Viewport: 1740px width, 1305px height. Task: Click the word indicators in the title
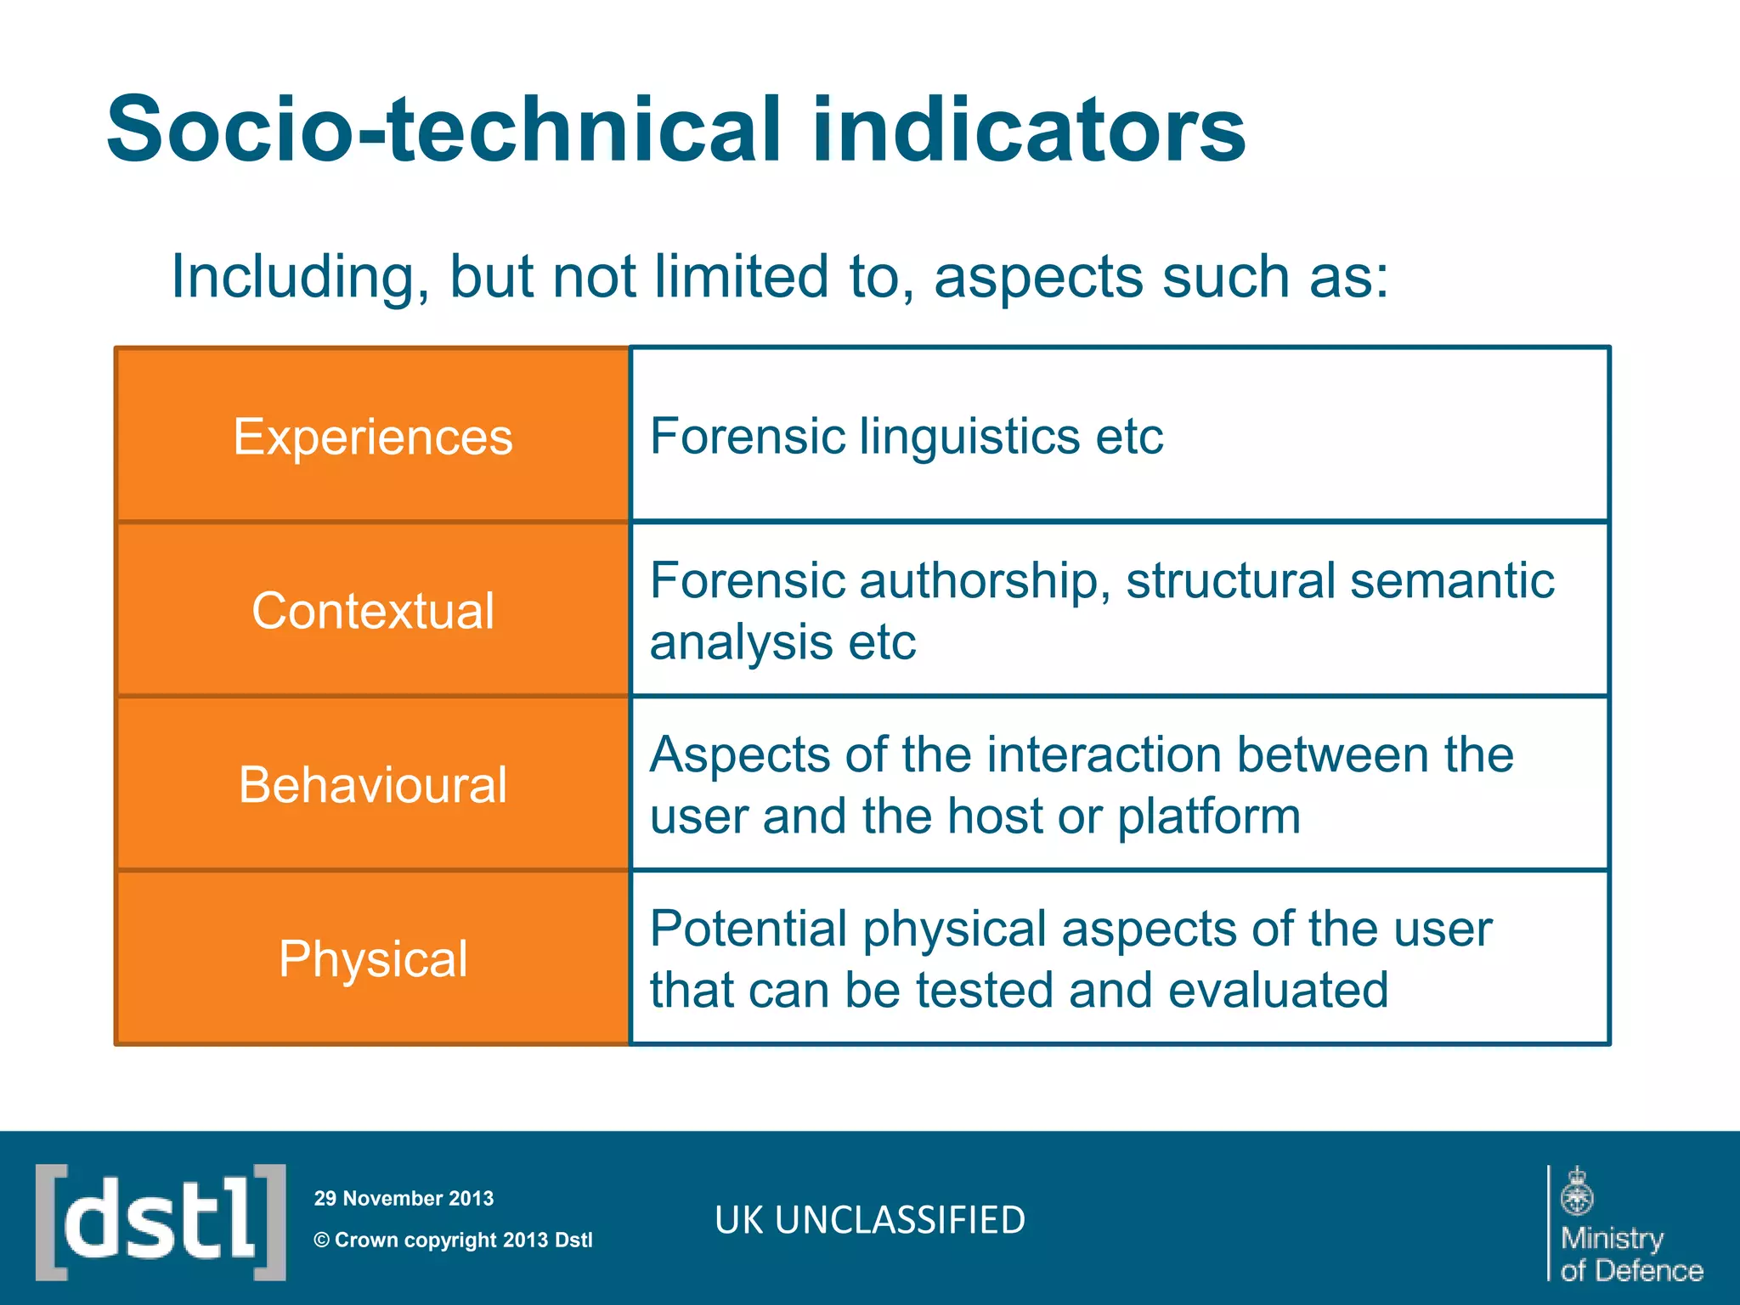pos(1028,129)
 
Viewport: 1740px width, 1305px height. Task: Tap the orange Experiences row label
pos(373,437)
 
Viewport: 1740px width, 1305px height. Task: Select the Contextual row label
pos(373,611)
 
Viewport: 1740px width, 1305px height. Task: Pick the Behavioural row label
pos(373,784)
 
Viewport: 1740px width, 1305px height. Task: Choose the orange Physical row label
pos(373,959)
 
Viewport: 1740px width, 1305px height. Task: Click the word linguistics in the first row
pos(968,437)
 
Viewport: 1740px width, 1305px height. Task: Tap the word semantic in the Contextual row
pos(1452,581)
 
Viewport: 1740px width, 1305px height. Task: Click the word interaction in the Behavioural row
pos(1104,754)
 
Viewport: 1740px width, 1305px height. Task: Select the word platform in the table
pos(1208,816)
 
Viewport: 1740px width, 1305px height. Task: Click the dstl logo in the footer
pos(161,1222)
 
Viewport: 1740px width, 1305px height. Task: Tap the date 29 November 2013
pos(404,1199)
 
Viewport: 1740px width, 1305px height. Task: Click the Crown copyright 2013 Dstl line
pos(454,1240)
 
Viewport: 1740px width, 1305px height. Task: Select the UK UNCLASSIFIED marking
pos(870,1220)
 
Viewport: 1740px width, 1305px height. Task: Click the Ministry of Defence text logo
pos(1631,1254)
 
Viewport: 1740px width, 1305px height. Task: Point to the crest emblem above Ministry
pos(1577,1192)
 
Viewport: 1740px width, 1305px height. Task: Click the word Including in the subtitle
pos(294,277)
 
